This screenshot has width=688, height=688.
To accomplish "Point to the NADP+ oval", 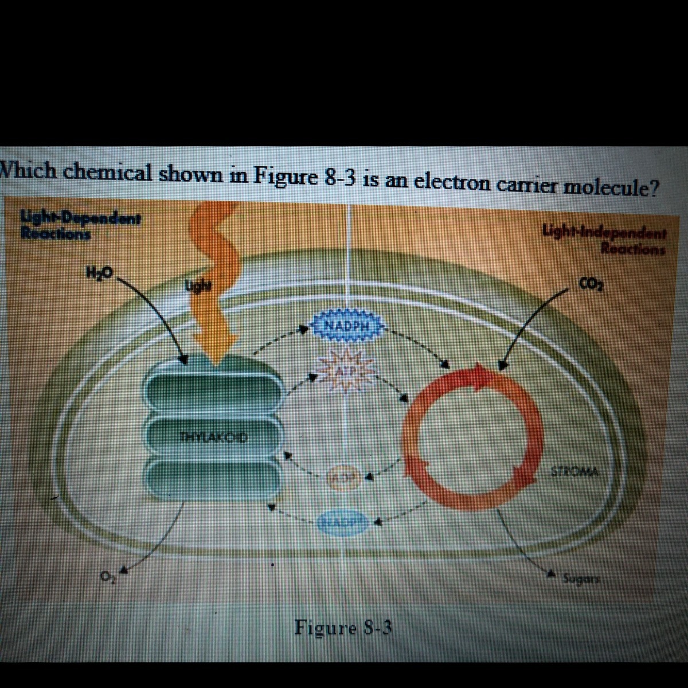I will click(343, 521).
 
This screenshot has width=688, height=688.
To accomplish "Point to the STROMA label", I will click(574, 472).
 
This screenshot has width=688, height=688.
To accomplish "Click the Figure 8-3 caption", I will click(343, 628).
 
